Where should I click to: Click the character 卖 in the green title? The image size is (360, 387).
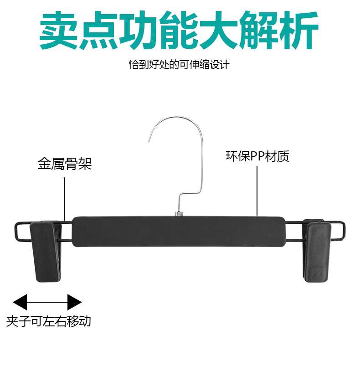click(x=58, y=31)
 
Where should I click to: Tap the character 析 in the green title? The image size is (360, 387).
click(x=298, y=31)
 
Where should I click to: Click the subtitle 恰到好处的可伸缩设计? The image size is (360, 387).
click(x=179, y=64)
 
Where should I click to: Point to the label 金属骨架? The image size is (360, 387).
click(x=65, y=164)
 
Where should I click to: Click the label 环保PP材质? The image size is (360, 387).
click(x=257, y=156)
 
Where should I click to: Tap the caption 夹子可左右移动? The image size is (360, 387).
click(x=49, y=321)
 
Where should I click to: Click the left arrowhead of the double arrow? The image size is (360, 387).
click(x=21, y=302)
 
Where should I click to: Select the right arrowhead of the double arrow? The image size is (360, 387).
click(x=74, y=302)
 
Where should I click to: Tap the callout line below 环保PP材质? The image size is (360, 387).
click(x=257, y=191)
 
